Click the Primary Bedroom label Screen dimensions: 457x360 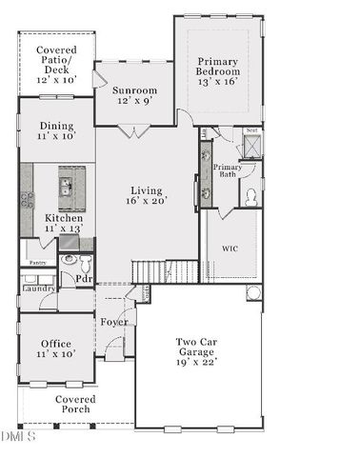217,71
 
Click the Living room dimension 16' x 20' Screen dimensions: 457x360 147,201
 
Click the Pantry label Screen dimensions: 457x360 37,262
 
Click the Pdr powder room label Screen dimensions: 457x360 84,279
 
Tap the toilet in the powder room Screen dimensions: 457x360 70,260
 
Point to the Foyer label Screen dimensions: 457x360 114,322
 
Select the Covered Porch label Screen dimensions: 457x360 72,404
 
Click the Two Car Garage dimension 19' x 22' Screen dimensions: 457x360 197,362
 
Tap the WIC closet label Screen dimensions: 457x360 230,248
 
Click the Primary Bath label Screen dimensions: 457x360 227,170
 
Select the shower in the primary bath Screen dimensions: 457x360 251,145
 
